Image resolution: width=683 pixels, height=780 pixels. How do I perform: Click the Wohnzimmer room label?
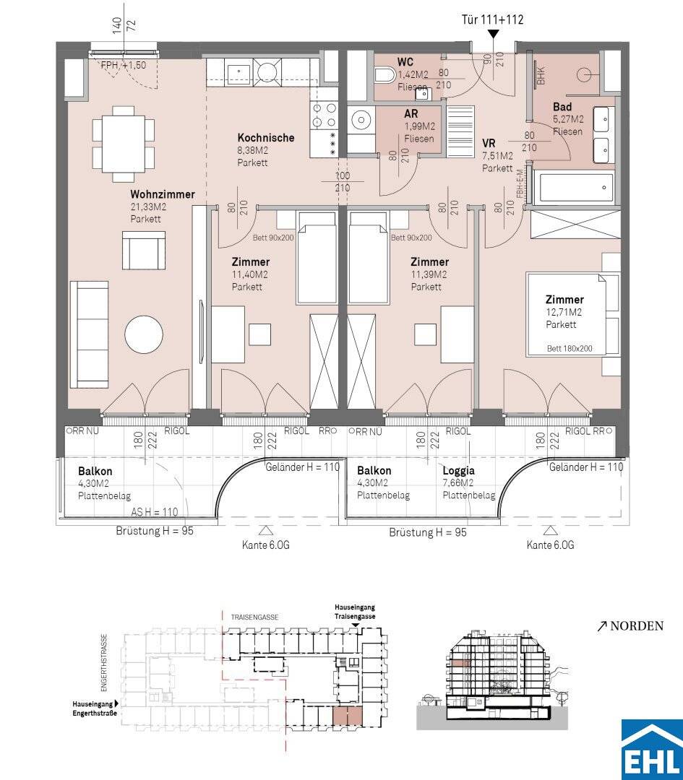click(163, 194)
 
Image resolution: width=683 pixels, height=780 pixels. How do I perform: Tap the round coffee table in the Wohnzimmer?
click(144, 335)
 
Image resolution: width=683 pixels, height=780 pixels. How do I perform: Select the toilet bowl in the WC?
click(385, 77)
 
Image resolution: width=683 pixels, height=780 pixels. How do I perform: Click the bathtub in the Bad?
click(573, 188)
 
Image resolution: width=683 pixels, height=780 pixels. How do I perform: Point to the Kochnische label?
click(266, 138)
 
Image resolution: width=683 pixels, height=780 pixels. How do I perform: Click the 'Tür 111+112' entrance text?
click(492, 19)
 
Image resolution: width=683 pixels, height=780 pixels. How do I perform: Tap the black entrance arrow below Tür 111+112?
click(493, 34)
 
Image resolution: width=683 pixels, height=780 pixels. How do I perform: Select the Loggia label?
click(458, 471)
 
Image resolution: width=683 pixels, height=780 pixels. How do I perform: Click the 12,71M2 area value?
click(564, 313)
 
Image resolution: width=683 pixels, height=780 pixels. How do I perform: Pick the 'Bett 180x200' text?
click(570, 349)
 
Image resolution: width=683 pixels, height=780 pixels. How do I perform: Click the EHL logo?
click(652, 750)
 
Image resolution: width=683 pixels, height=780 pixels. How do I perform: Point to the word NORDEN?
click(637, 625)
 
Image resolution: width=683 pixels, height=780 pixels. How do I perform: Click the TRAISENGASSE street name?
click(254, 617)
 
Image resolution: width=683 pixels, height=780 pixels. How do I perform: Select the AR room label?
click(411, 114)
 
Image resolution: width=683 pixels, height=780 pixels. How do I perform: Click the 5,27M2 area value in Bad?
click(568, 119)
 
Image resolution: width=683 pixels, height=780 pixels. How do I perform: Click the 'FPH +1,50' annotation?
click(124, 65)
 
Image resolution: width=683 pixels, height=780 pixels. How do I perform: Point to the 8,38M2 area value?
click(252, 151)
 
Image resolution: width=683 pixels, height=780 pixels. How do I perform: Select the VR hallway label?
click(489, 144)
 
